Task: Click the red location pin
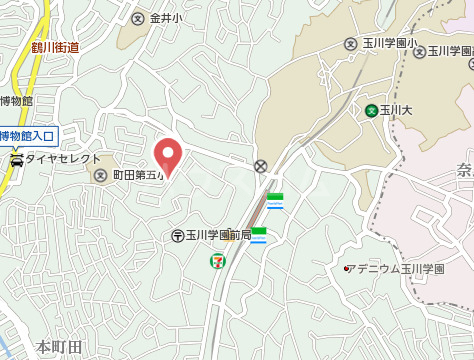coord(168,155)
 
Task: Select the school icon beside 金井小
coord(138,17)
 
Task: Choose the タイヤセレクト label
coord(63,159)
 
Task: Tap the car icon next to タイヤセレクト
coord(16,159)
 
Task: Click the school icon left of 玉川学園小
coord(350,44)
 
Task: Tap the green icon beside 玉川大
coord(371,110)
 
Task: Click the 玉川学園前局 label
coord(217,236)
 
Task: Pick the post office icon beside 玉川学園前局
coord(177,236)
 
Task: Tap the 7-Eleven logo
coord(217,260)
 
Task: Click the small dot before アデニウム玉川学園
coord(346,268)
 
